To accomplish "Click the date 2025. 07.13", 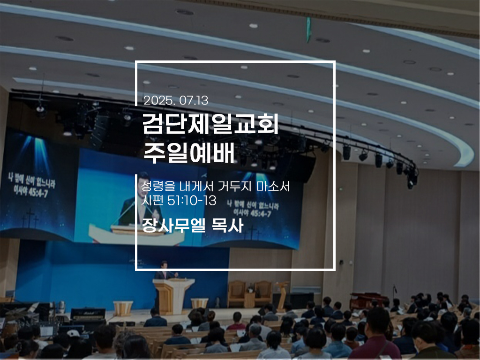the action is click(176, 100).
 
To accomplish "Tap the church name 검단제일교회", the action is click(210, 124).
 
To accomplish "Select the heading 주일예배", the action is click(189, 152).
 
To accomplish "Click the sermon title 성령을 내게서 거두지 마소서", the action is click(215, 186).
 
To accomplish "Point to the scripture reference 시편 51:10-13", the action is click(179, 201).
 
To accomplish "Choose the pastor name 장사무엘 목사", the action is click(193, 225).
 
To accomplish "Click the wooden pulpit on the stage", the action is click(173, 295).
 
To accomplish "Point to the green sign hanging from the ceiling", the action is click(308, 30).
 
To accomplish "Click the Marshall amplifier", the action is click(88, 314).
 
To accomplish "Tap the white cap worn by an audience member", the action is click(73, 333).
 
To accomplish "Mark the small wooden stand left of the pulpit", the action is click(123, 308).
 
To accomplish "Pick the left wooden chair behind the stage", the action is click(237, 293).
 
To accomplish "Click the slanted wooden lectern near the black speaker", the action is click(282, 294).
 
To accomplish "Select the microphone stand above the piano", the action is click(395, 293).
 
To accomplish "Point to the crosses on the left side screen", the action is click(30, 218).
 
